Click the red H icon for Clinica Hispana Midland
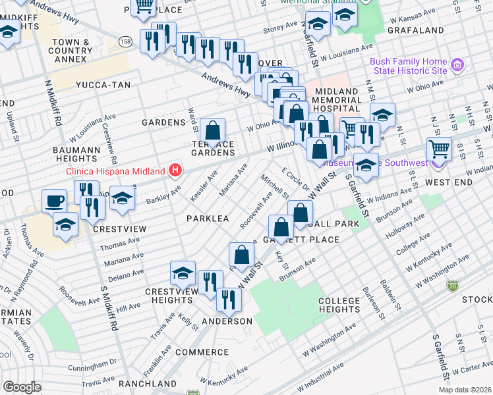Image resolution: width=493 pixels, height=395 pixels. click(175, 171)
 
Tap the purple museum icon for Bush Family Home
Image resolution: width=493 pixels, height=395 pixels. click(459, 66)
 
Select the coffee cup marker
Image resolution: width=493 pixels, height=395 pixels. click(54, 200)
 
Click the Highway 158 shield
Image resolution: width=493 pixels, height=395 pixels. click(125, 41)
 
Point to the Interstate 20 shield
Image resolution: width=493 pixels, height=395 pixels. click(452, 285)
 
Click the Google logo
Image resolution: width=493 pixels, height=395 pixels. click(21, 387)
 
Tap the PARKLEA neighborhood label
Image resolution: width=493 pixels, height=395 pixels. click(207, 218)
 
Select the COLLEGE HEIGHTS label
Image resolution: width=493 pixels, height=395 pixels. click(339, 305)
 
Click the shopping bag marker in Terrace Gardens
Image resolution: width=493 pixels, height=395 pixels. click(213, 130)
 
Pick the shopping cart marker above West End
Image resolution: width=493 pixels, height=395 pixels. click(439, 149)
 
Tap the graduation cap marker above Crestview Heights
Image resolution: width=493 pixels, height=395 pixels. click(183, 273)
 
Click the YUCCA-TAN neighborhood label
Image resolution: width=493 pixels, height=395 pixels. click(103, 85)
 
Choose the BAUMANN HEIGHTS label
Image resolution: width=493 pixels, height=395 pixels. click(76, 154)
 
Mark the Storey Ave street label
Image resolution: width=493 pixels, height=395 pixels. click(280, 27)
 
